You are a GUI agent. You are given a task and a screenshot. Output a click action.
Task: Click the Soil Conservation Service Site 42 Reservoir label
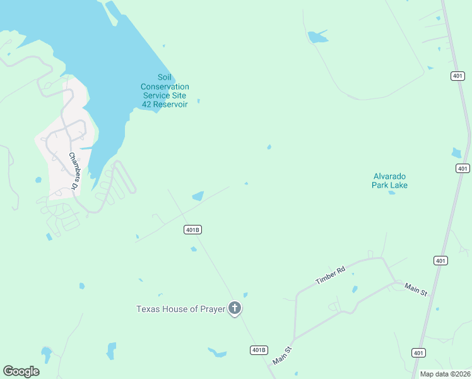(x=165, y=90)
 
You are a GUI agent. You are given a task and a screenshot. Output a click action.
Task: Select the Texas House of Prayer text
(x=181, y=309)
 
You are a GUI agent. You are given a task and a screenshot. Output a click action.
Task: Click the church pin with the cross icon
(x=235, y=308)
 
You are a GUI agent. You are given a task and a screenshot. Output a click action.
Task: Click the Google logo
(x=21, y=371)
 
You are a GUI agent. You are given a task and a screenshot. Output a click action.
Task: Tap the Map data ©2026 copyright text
(x=445, y=374)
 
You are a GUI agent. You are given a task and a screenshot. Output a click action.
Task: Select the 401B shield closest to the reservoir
(x=193, y=230)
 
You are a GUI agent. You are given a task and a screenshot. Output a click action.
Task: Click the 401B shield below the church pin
(x=259, y=350)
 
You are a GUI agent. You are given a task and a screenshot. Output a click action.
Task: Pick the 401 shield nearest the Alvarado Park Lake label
(x=463, y=168)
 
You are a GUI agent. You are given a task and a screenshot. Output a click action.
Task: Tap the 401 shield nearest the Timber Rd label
(x=440, y=260)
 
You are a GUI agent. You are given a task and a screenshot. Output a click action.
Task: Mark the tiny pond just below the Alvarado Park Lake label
(x=392, y=193)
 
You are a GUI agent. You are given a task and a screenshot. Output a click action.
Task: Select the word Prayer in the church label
(x=211, y=309)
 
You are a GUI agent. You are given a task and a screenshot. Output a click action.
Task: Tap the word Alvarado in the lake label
(x=389, y=176)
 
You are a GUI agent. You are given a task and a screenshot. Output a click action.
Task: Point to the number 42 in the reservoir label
(x=148, y=104)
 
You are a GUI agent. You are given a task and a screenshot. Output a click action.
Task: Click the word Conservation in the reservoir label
(x=165, y=87)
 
